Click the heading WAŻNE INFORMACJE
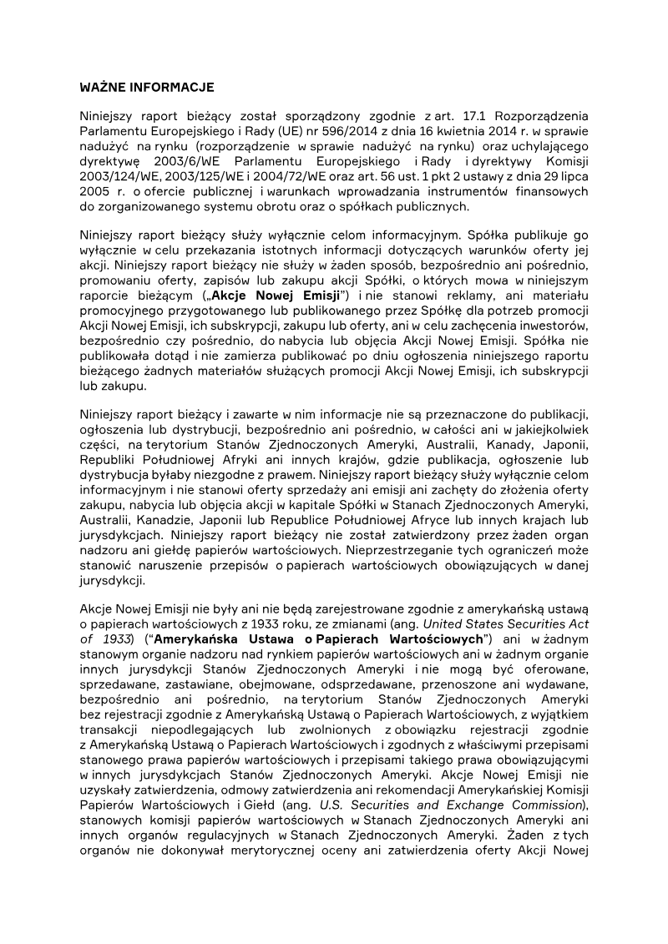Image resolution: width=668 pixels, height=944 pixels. click(x=147, y=87)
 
